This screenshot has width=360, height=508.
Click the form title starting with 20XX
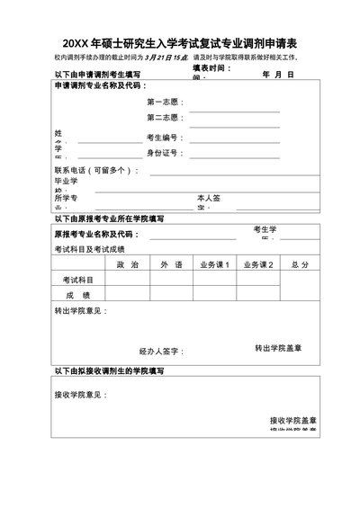click(180, 42)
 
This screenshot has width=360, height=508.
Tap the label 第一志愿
click(165, 102)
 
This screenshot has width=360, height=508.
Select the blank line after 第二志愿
click(234, 118)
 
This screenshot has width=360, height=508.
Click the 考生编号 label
click(165, 138)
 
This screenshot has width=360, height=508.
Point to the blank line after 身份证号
click(234, 154)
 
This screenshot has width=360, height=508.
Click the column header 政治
click(127, 264)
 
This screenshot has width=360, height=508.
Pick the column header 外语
click(172, 264)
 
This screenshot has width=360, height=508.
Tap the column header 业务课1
click(214, 264)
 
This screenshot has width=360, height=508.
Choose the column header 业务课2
click(257, 264)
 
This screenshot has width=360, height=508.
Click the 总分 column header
click(301, 264)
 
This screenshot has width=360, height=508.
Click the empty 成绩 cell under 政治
click(127, 294)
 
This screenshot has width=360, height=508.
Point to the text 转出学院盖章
click(278, 347)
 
